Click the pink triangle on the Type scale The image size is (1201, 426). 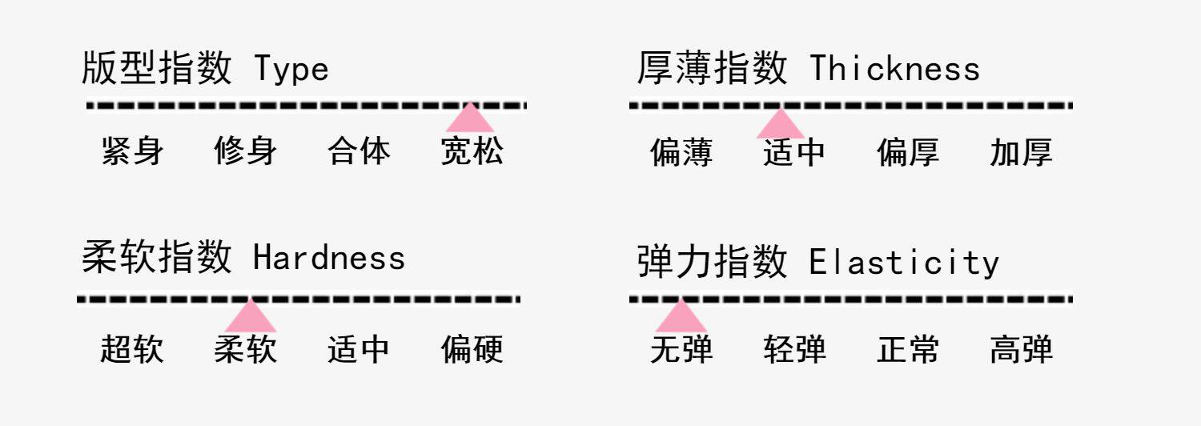[470, 119]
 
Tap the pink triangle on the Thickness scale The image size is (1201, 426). [780, 126]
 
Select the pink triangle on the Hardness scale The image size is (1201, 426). [251, 317]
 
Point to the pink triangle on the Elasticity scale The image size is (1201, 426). [681, 317]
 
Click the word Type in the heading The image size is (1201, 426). [291, 70]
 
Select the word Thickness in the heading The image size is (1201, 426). [894, 70]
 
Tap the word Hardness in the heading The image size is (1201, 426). [329, 258]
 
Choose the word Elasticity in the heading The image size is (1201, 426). [904, 263]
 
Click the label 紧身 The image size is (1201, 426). [133, 151]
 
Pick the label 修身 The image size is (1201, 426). [246, 151]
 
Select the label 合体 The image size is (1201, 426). [359, 151]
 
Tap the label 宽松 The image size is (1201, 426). [472, 151]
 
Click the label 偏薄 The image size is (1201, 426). [681, 152]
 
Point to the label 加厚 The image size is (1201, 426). [1021, 152]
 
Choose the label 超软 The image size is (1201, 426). [132, 349]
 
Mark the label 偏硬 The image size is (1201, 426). [472, 349]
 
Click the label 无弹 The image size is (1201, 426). [681, 350]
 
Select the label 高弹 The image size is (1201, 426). [1021, 350]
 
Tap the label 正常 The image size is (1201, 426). [908, 350]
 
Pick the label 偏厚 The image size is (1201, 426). [908, 152]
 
